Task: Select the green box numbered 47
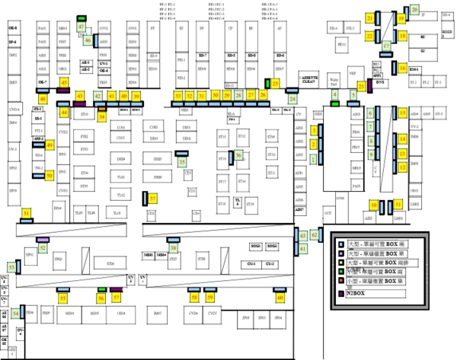pyautogui.click(x=81, y=27)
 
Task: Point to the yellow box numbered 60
pyautogui.click(x=280, y=298)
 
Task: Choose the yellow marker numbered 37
pyautogui.click(x=153, y=199)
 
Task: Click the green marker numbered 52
pyautogui.click(x=43, y=248)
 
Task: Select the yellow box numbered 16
pyautogui.click(x=403, y=68)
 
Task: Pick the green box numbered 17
pyautogui.click(x=387, y=46)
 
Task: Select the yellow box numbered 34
pyautogui.click(x=102, y=115)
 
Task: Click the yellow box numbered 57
pyautogui.click(x=116, y=298)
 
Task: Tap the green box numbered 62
pyautogui.click(x=303, y=236)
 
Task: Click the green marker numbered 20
pyautogui.click(x=415, y=9)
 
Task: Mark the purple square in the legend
pyautogui.click(x=340, y=292)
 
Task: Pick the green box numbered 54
pyautogui.click(x=16, y=314)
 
